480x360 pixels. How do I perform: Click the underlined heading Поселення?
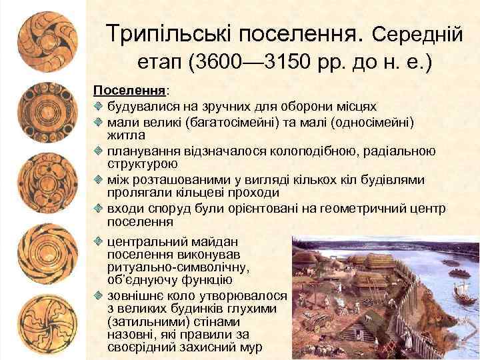129,89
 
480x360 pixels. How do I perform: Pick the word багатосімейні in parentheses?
235,122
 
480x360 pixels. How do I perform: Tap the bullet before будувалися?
98,105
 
